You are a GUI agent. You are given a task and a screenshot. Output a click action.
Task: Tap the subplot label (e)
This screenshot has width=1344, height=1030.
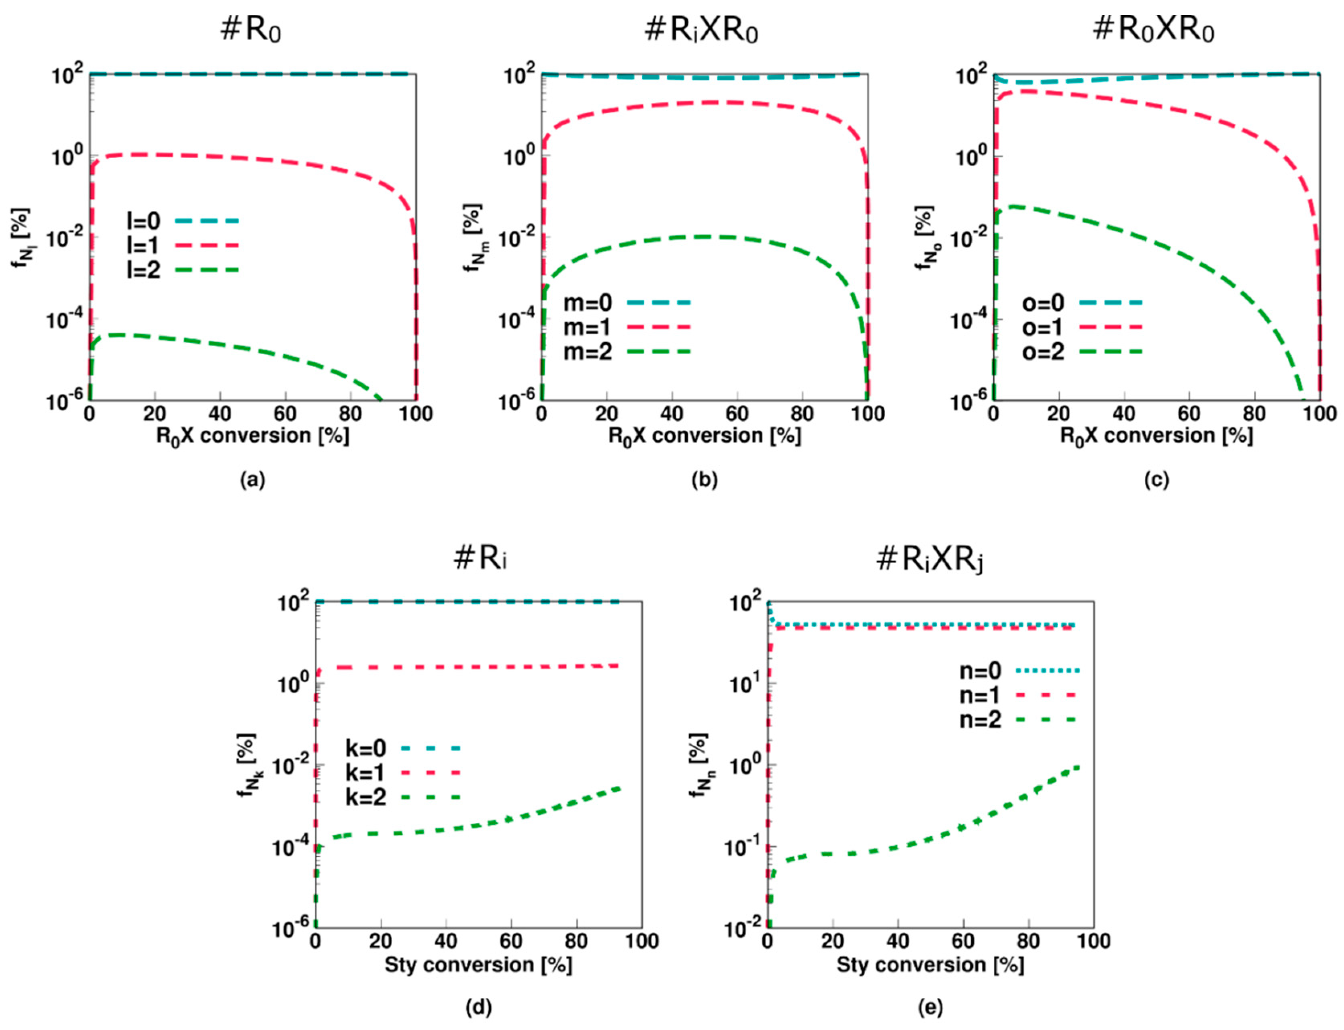point(930,1008)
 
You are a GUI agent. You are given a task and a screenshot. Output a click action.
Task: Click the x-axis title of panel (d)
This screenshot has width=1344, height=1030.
point(478,965)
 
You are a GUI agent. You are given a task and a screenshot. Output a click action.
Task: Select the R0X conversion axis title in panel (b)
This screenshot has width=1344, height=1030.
point(704,436)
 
